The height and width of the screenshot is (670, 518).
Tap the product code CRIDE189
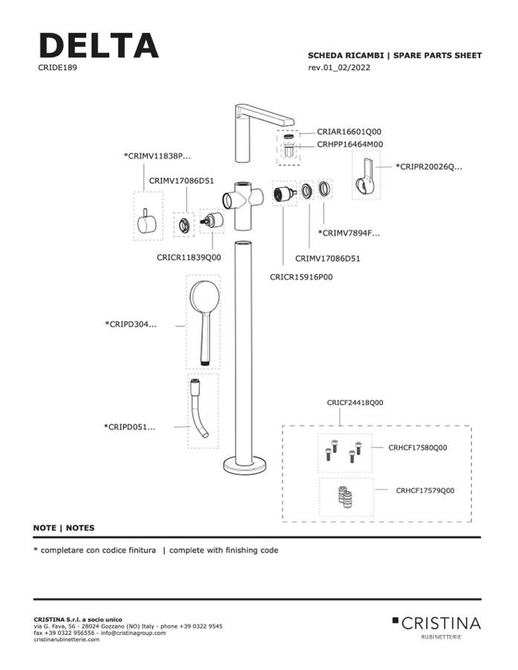tap(58, 68)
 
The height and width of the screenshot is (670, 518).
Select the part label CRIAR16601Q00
tap(349, 131)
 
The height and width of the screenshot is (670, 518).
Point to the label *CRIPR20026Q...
tap(429, 167)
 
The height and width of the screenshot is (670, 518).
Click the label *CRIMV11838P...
tap(157, 156)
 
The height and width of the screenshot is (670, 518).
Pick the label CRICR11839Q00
tap(189, 257)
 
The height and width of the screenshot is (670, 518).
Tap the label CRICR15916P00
tap(301, 277)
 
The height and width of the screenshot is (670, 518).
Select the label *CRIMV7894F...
tap(349, 233)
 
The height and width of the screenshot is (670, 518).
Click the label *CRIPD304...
tap(131, 324)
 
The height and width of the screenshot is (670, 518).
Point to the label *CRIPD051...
tap(130, 427)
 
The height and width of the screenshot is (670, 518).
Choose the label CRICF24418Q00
tap(354, 402)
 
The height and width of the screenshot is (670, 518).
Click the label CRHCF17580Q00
tap(418, 448)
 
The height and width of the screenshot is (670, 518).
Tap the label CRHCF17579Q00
tap(424, 490)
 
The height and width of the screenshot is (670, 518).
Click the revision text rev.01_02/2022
tap(339, 68)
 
